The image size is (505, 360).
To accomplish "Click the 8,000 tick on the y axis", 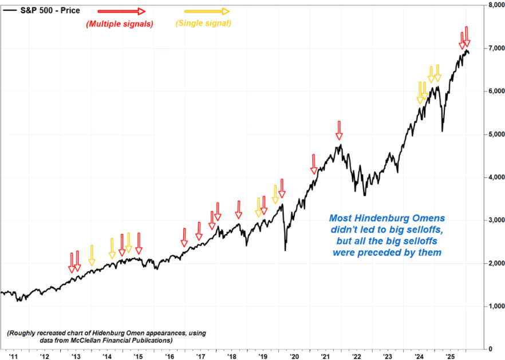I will coord(492,6).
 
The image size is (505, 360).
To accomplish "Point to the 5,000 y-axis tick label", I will coord(492,134).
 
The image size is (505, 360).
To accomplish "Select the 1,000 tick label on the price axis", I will coord(492,306).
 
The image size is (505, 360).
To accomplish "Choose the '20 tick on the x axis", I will coord(294,355).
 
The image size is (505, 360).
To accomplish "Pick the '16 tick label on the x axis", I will coord(169,355).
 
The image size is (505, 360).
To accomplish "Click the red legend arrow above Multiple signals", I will coord(121,11).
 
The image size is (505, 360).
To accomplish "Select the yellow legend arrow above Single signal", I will coord(206,11).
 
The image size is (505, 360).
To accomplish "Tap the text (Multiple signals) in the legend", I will coord(120,24).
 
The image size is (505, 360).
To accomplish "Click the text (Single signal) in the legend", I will coord(204,23).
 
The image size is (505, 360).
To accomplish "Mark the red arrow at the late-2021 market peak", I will coord(339,130).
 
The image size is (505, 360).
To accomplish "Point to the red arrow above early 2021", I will coord(314,164).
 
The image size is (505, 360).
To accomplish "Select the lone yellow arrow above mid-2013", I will coord(92,255).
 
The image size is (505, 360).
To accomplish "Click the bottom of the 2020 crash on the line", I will coord(285,250).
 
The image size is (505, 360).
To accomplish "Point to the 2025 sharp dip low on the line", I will coord(442,131).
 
